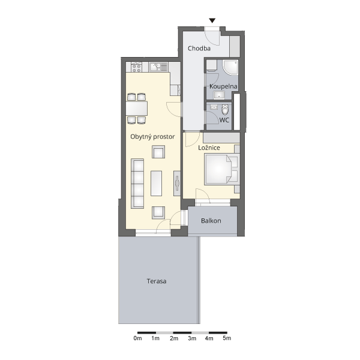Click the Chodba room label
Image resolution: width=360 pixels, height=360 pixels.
199,49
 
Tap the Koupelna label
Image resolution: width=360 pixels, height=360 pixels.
223,86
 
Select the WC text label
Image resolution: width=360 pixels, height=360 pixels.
224,120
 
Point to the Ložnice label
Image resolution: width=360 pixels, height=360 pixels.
209,148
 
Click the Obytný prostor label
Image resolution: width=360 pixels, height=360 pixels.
152,137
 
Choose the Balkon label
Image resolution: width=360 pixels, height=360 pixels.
211,221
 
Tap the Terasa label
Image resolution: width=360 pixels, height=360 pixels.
157,281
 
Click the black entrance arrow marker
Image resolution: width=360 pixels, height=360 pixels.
212,20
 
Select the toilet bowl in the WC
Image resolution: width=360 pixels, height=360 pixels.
225,110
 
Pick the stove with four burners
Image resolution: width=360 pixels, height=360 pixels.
136,67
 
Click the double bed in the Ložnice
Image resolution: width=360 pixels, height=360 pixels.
222,170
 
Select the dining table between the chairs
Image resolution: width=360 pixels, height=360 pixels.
137,108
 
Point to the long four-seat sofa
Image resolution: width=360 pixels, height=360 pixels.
137,184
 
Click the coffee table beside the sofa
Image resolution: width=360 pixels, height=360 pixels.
156,183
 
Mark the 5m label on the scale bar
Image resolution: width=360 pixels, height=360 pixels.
227,338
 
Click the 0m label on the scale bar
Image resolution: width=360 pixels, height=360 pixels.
137,338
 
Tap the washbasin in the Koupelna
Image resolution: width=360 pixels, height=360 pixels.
219,95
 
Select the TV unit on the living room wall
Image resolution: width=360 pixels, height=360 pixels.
177,183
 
